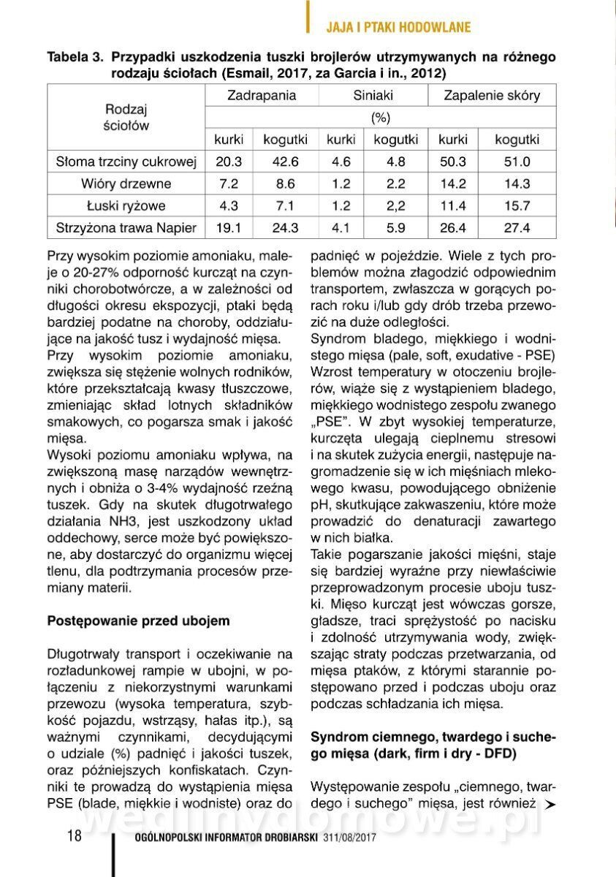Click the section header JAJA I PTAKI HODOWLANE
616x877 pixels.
click(398, 28)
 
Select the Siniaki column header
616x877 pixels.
click(373, 96)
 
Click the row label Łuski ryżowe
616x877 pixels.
click(126, 206)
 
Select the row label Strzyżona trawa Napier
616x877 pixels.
click(126, 228)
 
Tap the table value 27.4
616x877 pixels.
click(517, 228)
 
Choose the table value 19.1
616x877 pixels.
click(229, 228)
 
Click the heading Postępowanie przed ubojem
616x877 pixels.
click(139, 621)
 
